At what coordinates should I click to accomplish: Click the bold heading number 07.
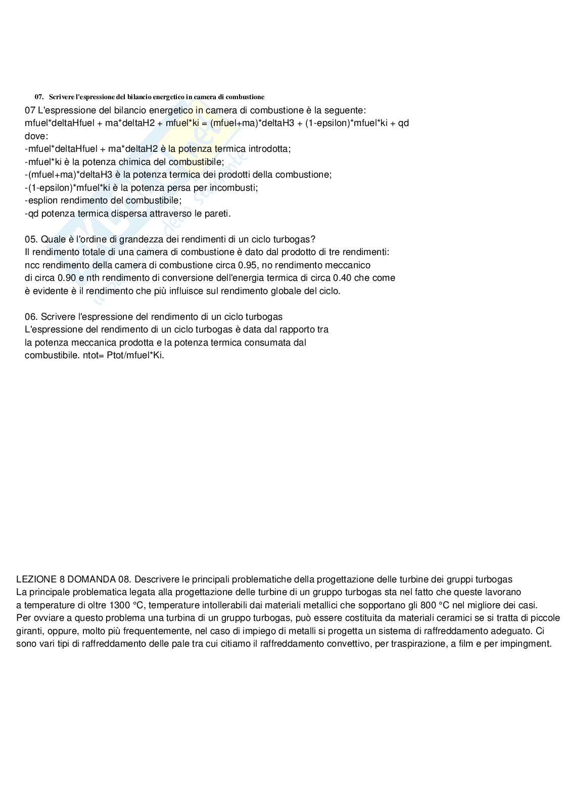coord(39,97)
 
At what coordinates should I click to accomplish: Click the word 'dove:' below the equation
coord(36,136)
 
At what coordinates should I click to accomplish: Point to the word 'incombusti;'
coord(233,188)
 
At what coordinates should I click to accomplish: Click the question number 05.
coord(31,239)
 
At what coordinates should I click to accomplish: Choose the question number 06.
coord(31,317)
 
